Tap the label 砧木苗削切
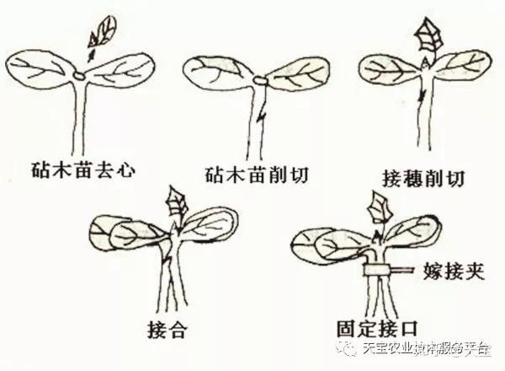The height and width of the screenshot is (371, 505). [252, 175]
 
